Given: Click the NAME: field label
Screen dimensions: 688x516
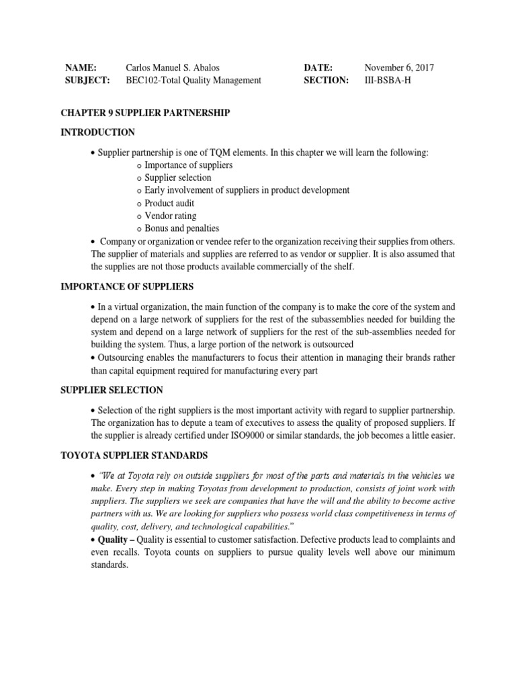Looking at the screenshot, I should click(81, 68).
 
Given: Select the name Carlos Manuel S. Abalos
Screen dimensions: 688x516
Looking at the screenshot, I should click(173, 68).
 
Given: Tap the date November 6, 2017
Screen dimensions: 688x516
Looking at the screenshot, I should click(399, 68).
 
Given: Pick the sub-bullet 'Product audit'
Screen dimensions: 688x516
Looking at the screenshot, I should click(171, 203).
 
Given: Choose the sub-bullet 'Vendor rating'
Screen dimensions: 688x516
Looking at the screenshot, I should click(171, 216).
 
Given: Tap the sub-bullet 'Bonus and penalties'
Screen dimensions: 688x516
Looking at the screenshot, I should click(182, 228).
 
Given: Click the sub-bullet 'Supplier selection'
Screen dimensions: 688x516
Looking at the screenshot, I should click(178, 177).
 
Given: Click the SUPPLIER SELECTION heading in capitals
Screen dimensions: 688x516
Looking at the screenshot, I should click(114, 390).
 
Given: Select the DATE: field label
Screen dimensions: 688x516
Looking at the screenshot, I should click(318, 68).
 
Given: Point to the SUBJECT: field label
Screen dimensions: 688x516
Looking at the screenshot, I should click(87, 81).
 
